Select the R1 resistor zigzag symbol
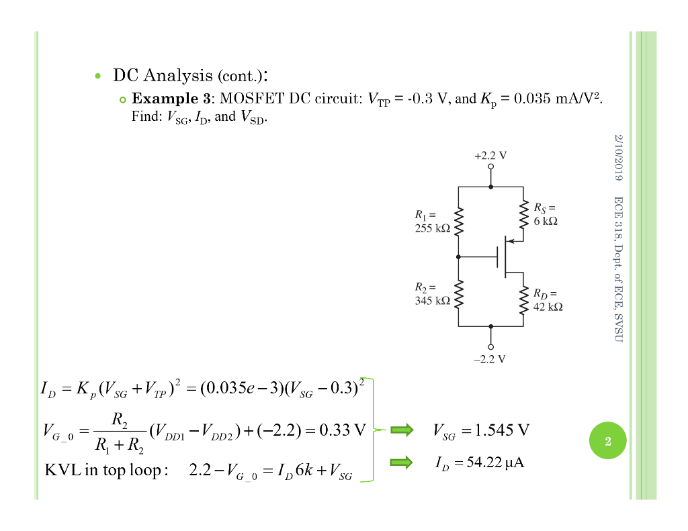459,222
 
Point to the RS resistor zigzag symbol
523,214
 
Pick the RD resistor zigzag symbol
523,299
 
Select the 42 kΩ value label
548,306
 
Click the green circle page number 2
607,442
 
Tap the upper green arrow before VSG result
402,430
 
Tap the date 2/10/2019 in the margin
619,158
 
